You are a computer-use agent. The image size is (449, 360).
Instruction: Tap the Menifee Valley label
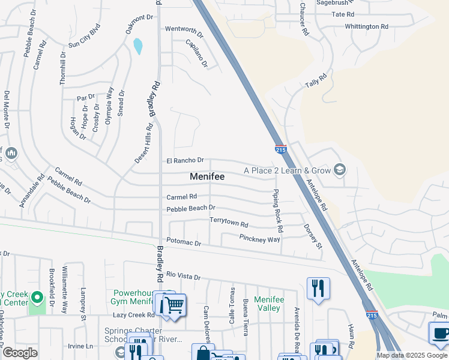tap(267, 304)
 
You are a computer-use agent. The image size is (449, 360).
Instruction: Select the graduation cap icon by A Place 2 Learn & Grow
tap(340, 170)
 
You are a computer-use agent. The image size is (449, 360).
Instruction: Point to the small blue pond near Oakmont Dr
tap(139, 46)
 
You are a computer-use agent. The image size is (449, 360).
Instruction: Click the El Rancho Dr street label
tap(185, 161)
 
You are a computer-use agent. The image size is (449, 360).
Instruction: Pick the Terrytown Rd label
tap(229, 222)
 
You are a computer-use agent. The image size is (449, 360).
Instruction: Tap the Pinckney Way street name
tap(259, 239)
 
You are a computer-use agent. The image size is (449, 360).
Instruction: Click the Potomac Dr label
tap(184, 243)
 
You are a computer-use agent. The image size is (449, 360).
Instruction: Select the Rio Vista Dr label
tap(183, 275)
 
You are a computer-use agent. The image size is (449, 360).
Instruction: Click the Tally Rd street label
tap(316, 78)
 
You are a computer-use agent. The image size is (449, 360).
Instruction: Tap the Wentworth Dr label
tap(180, 29)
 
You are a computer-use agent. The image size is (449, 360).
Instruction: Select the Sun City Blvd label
tap(83, 35)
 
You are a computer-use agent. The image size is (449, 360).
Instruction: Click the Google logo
tap(20, 353)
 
